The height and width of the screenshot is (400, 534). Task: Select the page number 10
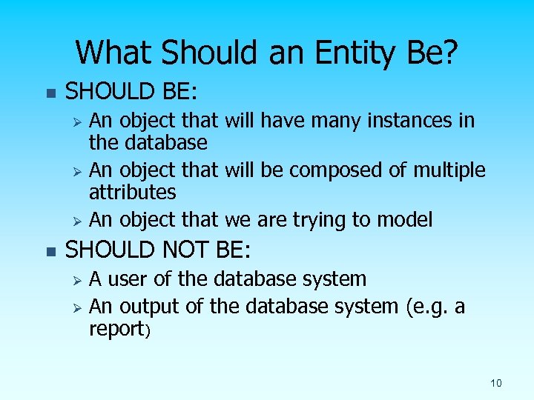(x=496, y=383)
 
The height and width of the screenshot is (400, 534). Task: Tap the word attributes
(x=132, y=193)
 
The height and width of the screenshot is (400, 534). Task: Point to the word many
(x=343, y=120)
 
